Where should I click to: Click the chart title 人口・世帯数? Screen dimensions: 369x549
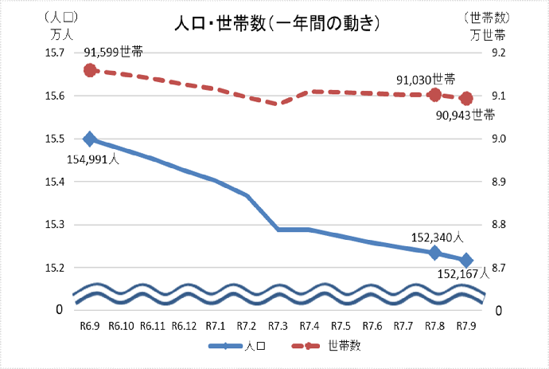pyautogui.click(x=274, y=24)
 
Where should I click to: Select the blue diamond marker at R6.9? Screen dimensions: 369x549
pyautogui.click(x=90, y=139)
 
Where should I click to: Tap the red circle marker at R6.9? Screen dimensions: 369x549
pyautogui.click(x=90, y=70)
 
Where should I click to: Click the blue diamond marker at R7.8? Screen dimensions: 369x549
pyautogui.click(x=435, y=253)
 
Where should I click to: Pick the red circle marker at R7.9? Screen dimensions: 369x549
pyautogui.click(x=467, y=99)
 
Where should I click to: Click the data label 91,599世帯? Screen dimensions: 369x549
pyautogui.click(x=114, y=52)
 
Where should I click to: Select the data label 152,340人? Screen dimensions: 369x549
pyautogui.click(x=437, y=237)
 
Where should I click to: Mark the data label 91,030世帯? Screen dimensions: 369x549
pyautogui.click(x=426, y=80)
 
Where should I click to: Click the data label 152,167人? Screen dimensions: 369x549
pyautogui.click(x=467, y=274)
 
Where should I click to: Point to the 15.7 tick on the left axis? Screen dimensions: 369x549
pyautogui.click(x=53, y=53)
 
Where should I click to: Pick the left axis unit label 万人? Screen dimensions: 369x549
pyautogui.click(x=61, y=34)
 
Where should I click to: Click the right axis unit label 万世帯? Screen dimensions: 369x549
pyautogui.click(x=486, y=34)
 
